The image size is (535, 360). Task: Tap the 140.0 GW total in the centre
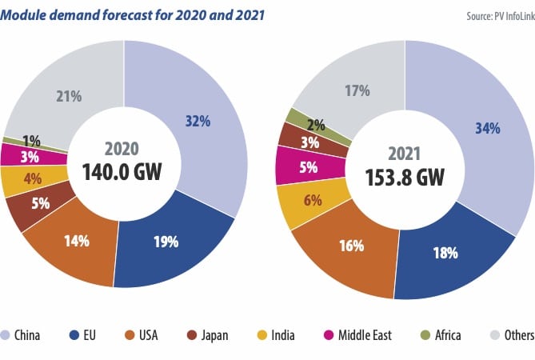coord(122,170)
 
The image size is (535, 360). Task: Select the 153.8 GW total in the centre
coord(405,176)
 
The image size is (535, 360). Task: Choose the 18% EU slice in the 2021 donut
coord(446,253)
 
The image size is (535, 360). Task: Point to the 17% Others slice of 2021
coord(356,90)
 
